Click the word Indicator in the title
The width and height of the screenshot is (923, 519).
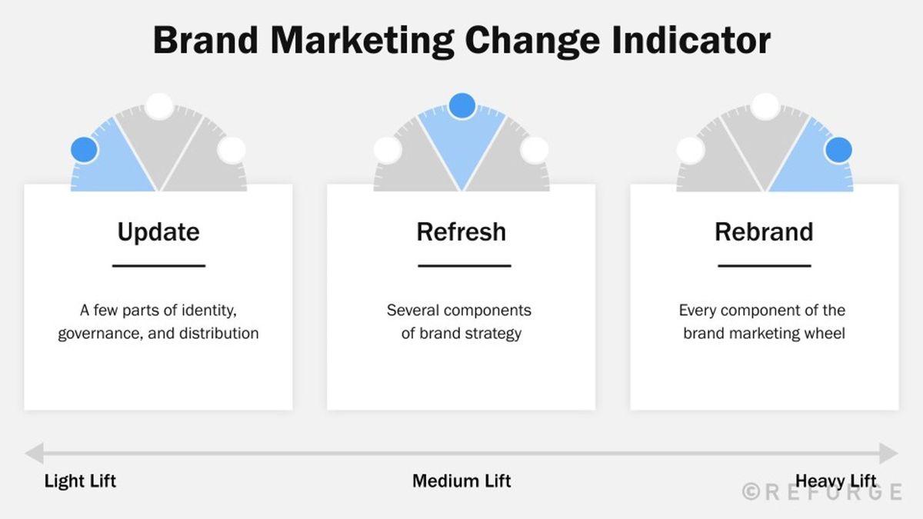tap(691, 40)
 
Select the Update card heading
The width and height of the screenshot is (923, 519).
tap(158, 232)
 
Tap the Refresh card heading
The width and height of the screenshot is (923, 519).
tap(461, 232)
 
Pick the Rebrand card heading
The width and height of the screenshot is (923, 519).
tap(764, 232)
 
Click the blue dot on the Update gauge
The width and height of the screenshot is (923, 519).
tap(84, 150)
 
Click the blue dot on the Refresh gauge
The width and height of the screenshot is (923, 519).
tap(461, 106)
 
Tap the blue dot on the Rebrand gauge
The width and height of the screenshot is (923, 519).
tap(838, 150)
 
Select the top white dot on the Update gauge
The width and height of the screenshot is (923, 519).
tap(159, 106)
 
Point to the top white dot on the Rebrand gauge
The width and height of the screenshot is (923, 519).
tap(765, 106)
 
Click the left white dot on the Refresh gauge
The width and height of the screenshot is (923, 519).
tap(387, 150)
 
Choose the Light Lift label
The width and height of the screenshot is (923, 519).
tap(80, 481)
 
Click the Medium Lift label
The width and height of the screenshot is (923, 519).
tap(461, 481)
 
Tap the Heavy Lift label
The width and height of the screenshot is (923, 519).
tap(835, 481)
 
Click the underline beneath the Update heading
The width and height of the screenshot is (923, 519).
tap(158, 266)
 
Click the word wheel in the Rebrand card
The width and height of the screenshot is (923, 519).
tap(824, 334)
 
